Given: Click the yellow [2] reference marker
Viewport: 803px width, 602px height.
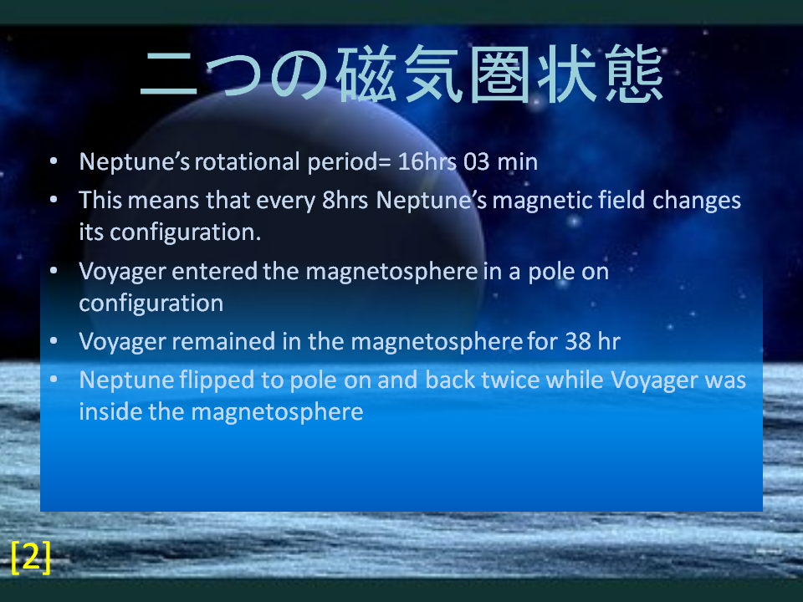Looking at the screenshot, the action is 31,557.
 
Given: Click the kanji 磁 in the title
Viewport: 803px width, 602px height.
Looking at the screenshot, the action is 366,74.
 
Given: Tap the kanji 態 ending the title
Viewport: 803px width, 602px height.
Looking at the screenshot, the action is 634,74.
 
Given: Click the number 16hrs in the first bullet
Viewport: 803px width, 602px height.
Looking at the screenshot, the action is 427,161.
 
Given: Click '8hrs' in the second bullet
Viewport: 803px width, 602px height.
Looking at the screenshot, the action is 345,200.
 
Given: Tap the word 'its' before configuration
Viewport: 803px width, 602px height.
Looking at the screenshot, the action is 91,232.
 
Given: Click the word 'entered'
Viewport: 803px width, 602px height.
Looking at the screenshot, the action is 215,271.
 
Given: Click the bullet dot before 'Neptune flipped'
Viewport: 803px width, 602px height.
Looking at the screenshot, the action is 54,380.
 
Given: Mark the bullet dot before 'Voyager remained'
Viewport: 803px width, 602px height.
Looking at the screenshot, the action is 54,341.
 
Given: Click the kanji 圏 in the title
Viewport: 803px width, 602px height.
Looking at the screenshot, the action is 500,74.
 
